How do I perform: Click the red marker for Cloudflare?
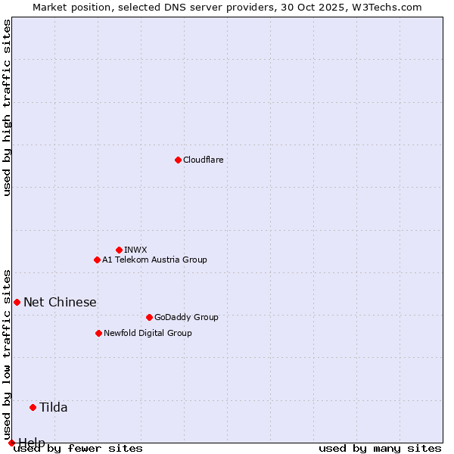click(178, 160)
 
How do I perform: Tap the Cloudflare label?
click(203, 160)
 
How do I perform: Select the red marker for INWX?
click(119, 250)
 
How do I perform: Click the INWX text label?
click(135, 250)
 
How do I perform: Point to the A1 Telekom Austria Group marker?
click(97, 260)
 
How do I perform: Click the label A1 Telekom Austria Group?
click(154, 260)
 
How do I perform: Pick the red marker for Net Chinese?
click(17, 302)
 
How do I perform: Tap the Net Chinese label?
click(60, 302)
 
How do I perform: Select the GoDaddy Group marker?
click(149, 317)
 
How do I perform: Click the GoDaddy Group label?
click(185, 317)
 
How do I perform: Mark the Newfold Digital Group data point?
click(98, 333)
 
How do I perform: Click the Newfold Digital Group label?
click(148, 333)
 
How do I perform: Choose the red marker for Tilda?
click(33, 407)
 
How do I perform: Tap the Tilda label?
click(54, 407)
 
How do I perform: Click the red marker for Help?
click(11, 443)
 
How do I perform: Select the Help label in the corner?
click(32, 442)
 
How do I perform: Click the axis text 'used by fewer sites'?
click(79, 449)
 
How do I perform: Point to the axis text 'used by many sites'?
click(380, 449)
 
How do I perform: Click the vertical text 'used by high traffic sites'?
click(7, 107)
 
